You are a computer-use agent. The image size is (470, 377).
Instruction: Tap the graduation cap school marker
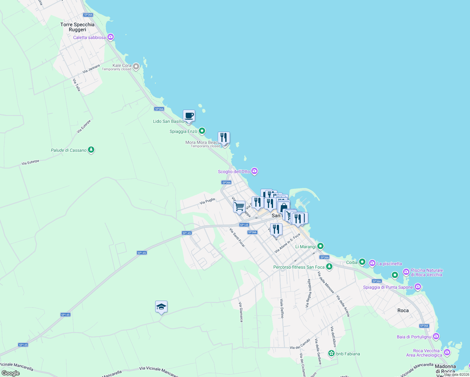point(161,307)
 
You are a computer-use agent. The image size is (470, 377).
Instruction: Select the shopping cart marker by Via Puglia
point(239,207)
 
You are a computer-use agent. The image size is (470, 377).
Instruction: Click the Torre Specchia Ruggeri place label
point(77,27)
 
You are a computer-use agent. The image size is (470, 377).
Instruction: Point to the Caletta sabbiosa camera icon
point(110,37)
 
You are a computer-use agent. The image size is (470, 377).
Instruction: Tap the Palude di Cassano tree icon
point(91,150)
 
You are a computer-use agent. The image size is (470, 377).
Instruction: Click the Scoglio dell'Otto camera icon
point(254,171)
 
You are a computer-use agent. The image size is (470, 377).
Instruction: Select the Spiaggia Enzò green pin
point(202,131)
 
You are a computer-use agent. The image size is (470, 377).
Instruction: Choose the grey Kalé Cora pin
point(136,67)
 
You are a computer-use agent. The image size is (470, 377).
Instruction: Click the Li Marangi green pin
point(320,246)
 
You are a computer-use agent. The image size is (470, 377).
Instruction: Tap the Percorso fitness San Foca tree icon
point(329,267)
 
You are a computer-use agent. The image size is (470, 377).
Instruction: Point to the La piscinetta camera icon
point(372,263)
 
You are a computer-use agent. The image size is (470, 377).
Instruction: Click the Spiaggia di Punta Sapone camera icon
point(418,287)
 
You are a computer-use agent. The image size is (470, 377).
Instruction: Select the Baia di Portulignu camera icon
point(436,336)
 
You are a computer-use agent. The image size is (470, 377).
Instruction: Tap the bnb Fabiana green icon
point(331,353)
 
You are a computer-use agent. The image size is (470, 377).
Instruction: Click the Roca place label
point(403,310)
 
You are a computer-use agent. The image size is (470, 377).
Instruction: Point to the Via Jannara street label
point(91,69)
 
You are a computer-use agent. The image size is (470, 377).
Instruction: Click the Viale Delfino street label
point(282,308)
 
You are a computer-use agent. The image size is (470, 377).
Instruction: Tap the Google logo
point(11,373)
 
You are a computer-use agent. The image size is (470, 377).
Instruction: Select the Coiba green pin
point(362,262)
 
